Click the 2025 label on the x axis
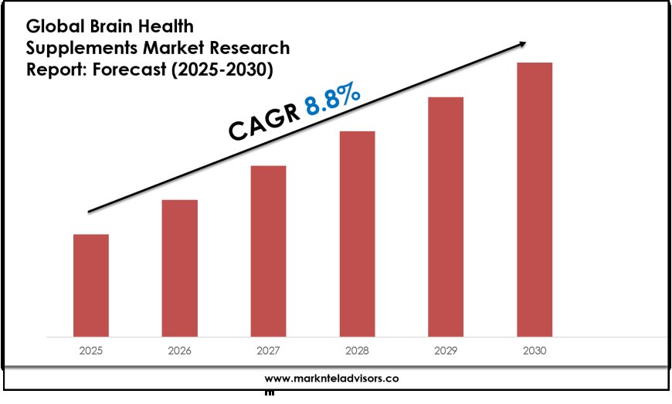[91, 351]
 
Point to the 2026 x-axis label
[179, 351]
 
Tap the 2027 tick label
[268, 351]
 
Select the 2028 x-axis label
[357, 351]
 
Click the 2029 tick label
[446, 351]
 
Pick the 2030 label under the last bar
[535, 351]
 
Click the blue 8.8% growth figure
[332, 100]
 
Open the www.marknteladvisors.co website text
[331, 379]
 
